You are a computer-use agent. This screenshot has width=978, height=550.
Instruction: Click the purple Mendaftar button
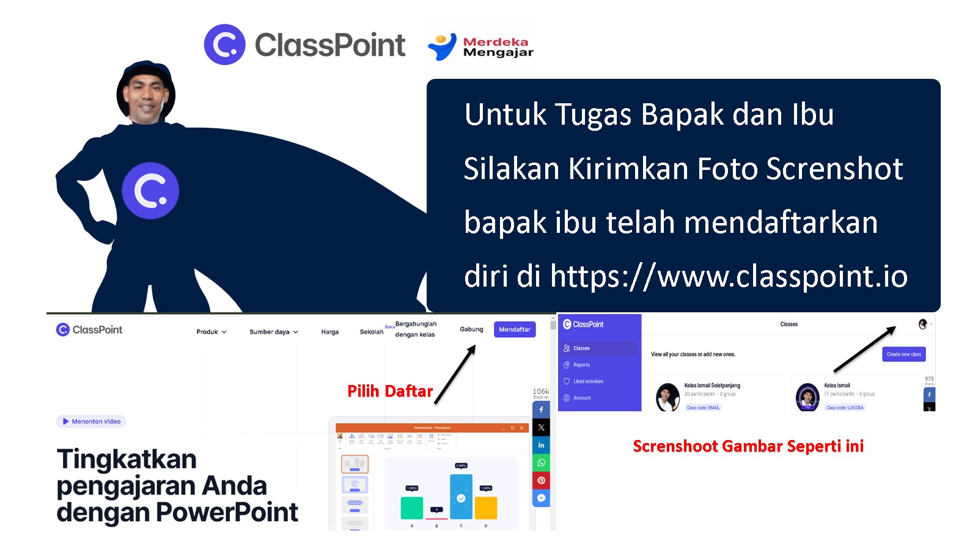click(x=515, y=329)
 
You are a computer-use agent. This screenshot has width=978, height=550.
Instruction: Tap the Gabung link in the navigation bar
click(x=471, y=329)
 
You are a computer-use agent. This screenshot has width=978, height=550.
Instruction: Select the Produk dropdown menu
click(x=211, y=332)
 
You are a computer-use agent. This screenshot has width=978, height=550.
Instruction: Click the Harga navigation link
click(x=330, y=332)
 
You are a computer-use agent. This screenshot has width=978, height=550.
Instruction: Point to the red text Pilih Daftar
click(x=390, y=391)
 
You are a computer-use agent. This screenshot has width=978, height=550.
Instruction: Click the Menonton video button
click(x=91, y=421)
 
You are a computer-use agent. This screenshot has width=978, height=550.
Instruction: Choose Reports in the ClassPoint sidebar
click(x=581, y=365)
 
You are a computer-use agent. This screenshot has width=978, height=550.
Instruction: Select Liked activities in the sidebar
click(x=587, y=381)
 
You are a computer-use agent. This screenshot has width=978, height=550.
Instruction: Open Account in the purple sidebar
click(x=582, y=398)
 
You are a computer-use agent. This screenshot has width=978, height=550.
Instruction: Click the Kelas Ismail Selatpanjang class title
click(x=712, y=386)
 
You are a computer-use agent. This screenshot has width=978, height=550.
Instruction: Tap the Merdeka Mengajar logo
click(x=481, y=46)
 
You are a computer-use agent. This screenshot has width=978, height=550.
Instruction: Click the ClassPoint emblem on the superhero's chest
click(x=150, y=191)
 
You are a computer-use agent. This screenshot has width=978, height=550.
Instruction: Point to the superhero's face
click(x=145, y=96)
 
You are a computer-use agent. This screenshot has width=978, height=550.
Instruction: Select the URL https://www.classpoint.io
click(x=729, y=276)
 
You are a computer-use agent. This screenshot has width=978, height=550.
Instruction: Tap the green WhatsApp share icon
click(x=541, y=463)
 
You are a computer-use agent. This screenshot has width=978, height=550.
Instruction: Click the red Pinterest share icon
click(x=541, y=480)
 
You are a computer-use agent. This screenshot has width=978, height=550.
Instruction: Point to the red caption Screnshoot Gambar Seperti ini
click(x=748, y=446)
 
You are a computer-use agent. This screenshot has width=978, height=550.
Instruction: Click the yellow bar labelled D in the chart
click(x=486, y=507)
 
